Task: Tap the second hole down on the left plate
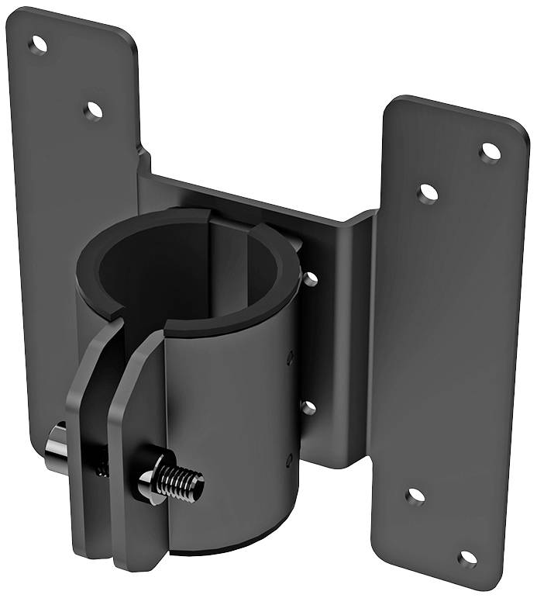93,111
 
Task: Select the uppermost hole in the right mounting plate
490,152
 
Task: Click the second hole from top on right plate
428,193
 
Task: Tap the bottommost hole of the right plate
467,558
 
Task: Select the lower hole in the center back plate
308,407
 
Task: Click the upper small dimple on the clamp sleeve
290,358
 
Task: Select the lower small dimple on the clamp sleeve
288,459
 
